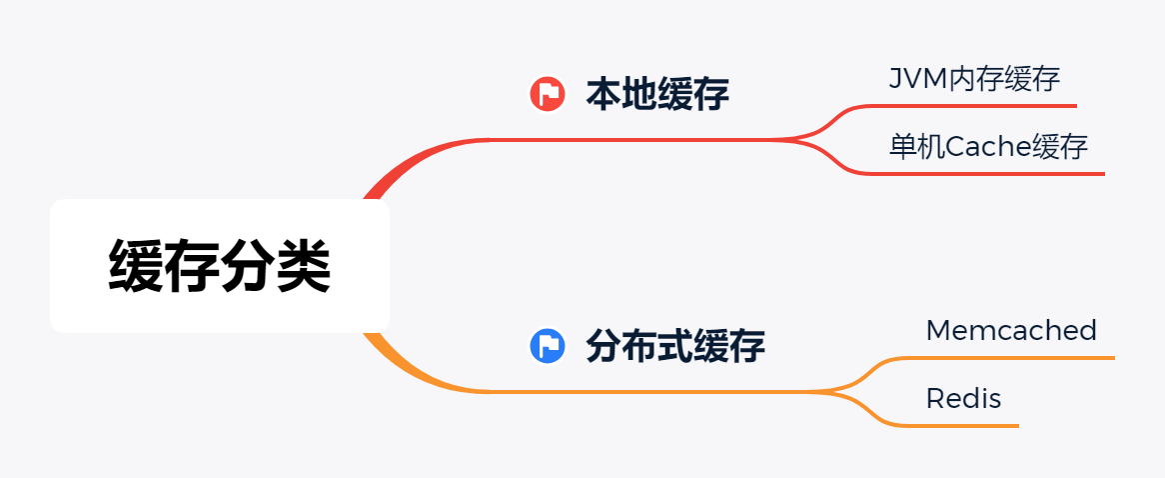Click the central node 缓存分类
coord(219,266)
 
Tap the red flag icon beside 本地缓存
coord(547,94)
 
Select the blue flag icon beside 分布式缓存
coord(547,346)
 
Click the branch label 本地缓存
coord(656,94)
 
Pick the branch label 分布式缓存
coord(674,346)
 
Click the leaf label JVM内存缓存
coord(973,79)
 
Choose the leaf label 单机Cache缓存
coord(987,147)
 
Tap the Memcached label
coord(1010,330)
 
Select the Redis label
coord(963,399)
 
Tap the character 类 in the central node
coord(303,266)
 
